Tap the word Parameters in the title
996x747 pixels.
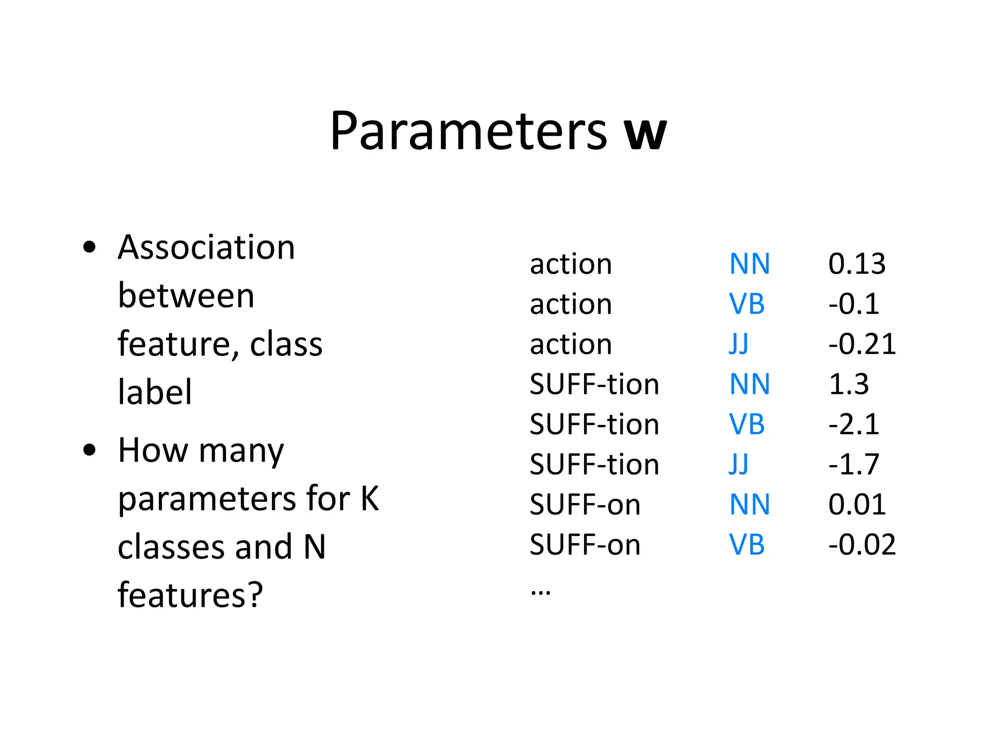coord(468,131)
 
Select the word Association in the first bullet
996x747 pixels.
coord(206,248)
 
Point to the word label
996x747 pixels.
coord(155,392)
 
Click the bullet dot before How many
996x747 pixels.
coord(89,450)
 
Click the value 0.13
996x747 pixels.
coord(857,264)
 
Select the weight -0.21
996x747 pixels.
coord(862,344)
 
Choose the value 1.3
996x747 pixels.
coord(848,384)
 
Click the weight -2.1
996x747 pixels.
coord(854,425)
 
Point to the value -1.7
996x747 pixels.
coord(854,464)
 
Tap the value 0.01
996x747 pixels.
coord(857,504)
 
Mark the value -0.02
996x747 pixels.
coord(862,545)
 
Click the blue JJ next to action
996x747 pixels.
coord(738,344)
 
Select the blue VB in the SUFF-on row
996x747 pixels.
coord(747,545)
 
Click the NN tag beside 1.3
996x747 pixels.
coord(749,384)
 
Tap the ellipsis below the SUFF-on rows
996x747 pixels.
coord(540,592)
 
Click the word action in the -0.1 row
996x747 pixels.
coord(570,304)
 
